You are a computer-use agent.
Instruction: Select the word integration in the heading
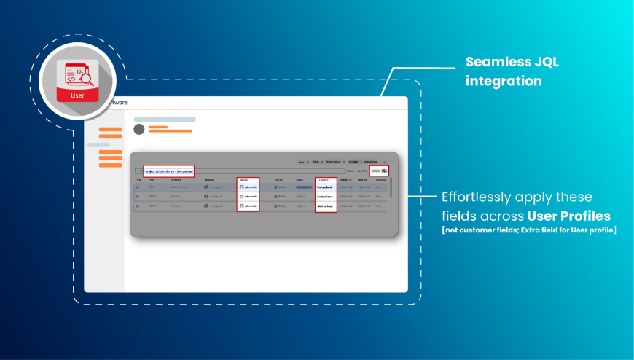pyautogui.click(x=504, y=81)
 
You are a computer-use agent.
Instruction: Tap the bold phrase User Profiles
pyautogui.click(x=569, y=216)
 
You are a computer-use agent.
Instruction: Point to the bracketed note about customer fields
pyautogui.click(x=529, y=231)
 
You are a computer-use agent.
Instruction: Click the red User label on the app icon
pyautogui.click(x=77, y=95)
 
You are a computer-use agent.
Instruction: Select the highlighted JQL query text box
pyautogui.click(x=168, y=171)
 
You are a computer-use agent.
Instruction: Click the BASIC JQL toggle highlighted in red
pyautogui.click(x=379, y=171)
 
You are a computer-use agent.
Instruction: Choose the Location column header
pyautogui.click(x=324, y=179)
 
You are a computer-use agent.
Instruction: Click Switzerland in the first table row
pyautogui.click(x=325, y=187)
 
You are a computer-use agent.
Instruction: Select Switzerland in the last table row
pyautogui.click(x=325, y=206)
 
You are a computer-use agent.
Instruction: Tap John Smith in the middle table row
pyautogui.click(x=248, y=197)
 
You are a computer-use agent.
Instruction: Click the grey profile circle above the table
pyautogui.click(x=138, y=129)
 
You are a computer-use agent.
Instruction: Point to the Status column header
pyautogui.click(x=300, y=179)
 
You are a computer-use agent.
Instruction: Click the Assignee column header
pyautogui.click(x=209, y=179)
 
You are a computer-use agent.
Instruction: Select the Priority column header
pyautogui.click(x=278, y=179)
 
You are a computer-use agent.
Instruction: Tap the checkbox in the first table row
pyautogui.click(x=138, y=187)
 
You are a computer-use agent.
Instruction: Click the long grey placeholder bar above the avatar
pyautogui.click(x=165, y=119)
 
